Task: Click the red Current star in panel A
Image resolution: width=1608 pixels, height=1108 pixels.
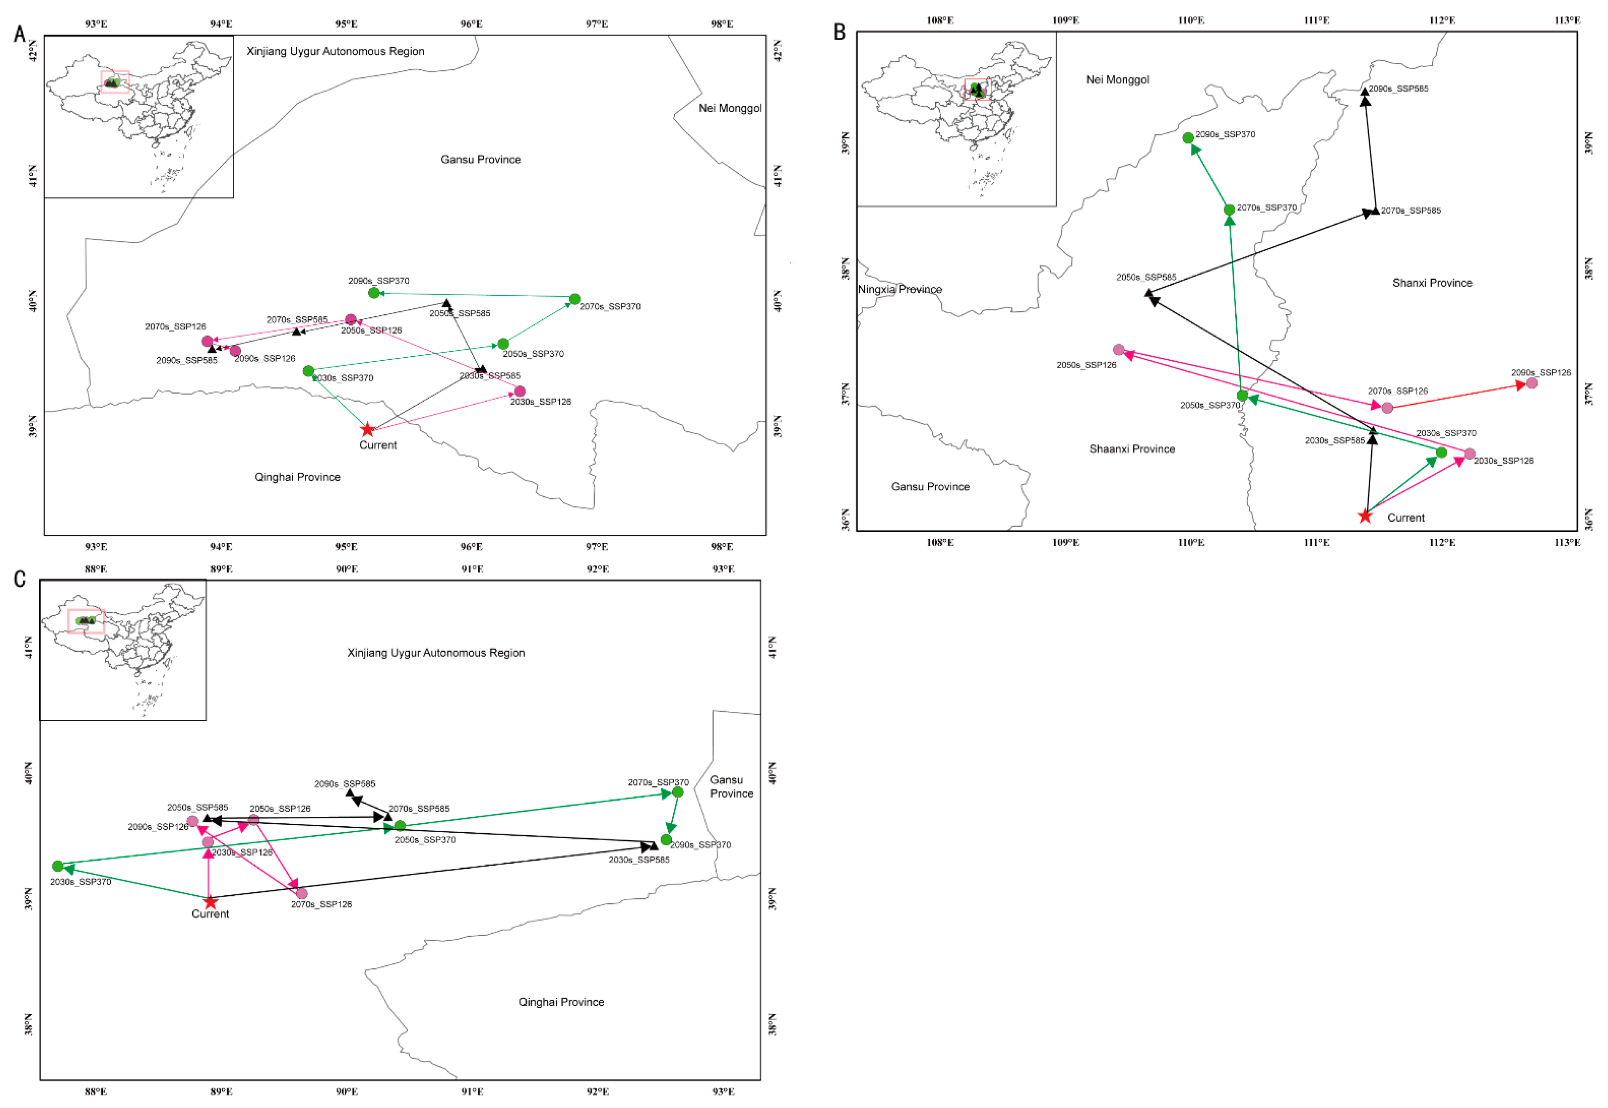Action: [367, 430]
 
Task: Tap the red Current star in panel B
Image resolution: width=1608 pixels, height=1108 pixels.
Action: [1364, 516]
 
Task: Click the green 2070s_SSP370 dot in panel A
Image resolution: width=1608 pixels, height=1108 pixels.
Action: [575, 299]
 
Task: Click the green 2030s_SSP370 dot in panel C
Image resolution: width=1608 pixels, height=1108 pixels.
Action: [58, 866]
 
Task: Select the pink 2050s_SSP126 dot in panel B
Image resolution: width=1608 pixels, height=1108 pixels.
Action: [1119, 350]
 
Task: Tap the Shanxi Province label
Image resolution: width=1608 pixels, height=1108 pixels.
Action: [1432, 282]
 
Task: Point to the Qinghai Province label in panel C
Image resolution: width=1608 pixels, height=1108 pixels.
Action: [561, 1002]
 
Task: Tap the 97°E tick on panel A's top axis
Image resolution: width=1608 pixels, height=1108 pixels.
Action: [596, 23]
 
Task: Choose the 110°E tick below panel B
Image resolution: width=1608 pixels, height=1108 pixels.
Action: [1191, 542]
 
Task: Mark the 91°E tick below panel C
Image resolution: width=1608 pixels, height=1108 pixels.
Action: [472, 1091]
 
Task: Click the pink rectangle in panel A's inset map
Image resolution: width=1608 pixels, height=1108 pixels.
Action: [115, 81]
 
